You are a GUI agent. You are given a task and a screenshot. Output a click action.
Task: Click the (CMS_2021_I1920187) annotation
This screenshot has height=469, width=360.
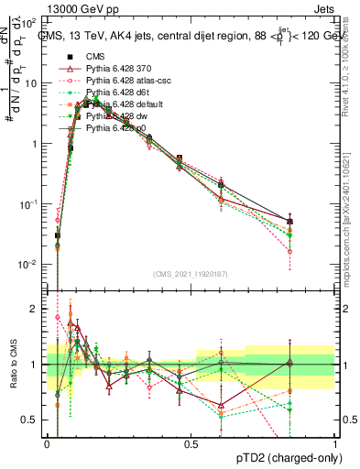point(191,274)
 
